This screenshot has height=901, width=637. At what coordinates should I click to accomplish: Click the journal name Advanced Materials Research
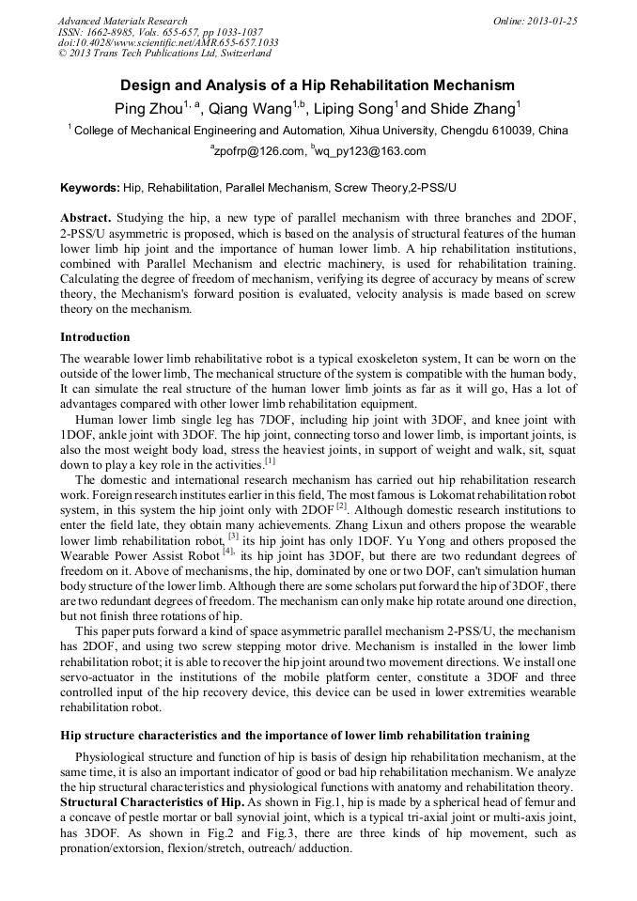[x=122, y=21]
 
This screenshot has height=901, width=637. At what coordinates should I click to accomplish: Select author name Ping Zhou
[x=148, y=108]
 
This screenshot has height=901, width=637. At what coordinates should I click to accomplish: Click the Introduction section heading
[x=95, y=336]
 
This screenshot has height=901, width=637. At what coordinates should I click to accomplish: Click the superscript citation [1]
[x=270, y=460]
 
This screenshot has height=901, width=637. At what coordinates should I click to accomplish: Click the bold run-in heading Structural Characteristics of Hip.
[x=150, y=802]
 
